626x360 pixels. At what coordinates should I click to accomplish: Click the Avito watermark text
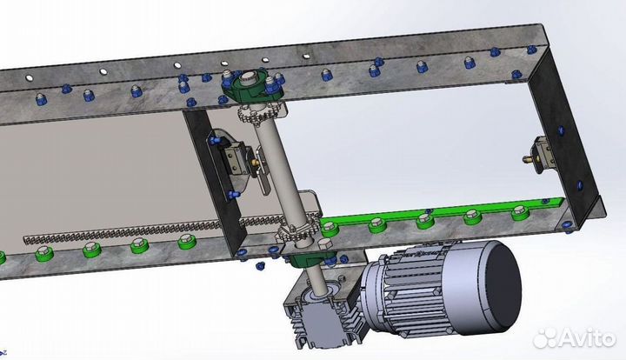click(587, 337)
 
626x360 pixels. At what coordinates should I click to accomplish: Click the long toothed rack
click(151, 230)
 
